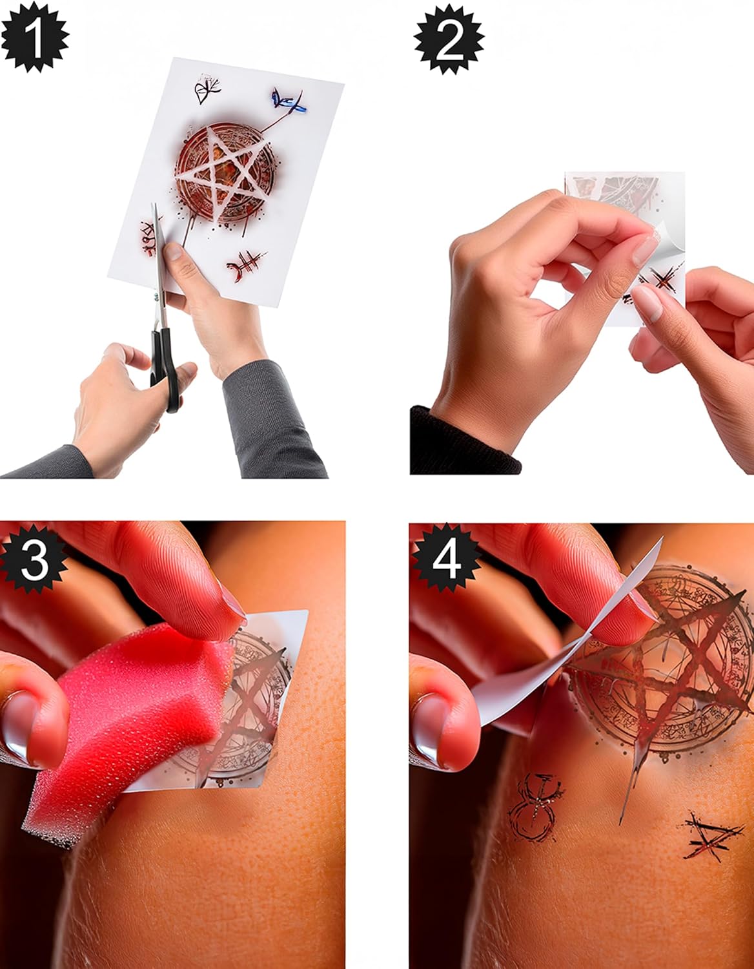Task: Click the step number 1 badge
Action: (x=34, y=37)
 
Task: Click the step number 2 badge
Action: (x=449, y=39)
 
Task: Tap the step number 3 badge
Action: (x=34, y=559)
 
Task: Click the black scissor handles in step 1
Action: (x=166, y=370)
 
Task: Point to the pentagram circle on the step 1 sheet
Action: (x=225, y=173)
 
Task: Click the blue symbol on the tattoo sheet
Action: (x=289, y=101)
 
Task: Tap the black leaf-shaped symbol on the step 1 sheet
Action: (x=207, y=89)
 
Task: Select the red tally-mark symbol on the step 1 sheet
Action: (x=245, y=266)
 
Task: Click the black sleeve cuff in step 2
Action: (x=464, y=441)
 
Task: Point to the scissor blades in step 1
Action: (x=159, y=263)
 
